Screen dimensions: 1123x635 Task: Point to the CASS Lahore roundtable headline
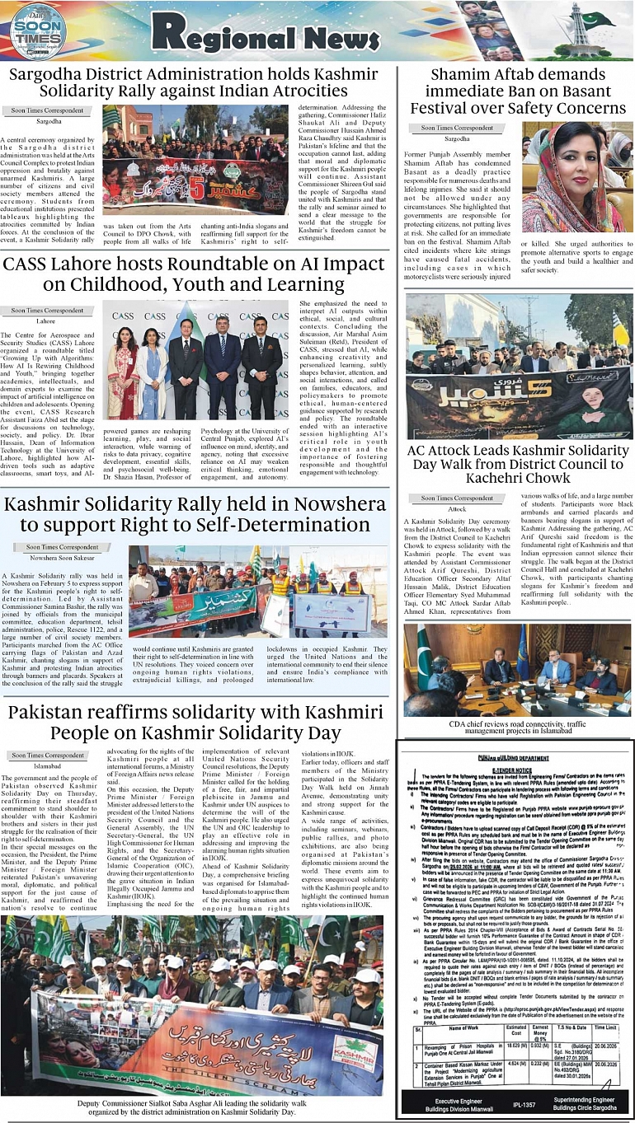point(194,274)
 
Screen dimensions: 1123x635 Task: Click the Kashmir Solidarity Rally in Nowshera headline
point(195,514)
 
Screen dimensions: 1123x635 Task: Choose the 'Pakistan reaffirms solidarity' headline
point(195,723)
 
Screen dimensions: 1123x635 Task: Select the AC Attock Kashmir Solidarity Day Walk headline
point(519,464)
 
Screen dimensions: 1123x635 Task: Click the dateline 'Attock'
point(458,510)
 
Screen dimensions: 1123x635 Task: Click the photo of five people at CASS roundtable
point(196,359)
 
